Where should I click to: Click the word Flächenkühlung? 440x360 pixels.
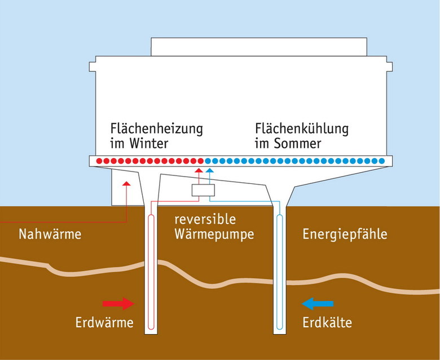pyautogui.click(x=302, y=129)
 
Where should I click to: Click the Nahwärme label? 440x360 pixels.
pyautogui.click(x=50, y=234)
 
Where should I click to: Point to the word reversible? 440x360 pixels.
pyautogui.click(x=205, y=219)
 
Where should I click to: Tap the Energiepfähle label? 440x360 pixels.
pyautogui.click(x=345, y=234)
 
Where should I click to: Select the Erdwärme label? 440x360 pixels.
pyautogui.click(x=104, y=323)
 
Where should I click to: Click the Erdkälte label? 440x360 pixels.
pyautogui.click(x=327, y=323)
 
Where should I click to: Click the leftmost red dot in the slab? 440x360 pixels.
pyautogui.click(x=99, y=161)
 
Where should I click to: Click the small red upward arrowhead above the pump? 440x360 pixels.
pyautogui.click(x=197, y=170)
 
